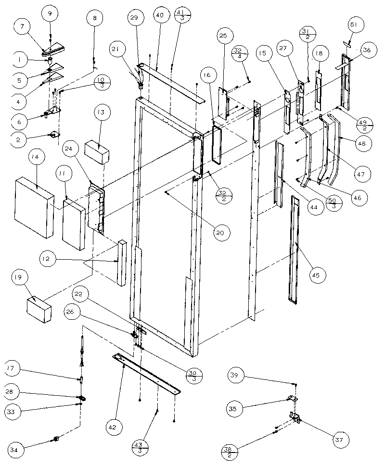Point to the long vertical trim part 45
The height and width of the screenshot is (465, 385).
click(294, 250)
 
